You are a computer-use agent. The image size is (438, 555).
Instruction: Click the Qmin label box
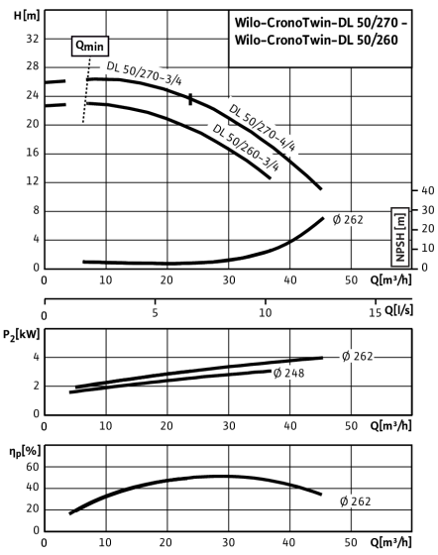coord(90,46)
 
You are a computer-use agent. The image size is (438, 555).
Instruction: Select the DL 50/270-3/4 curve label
coord(144,73)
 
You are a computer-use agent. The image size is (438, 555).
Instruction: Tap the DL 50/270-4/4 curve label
coord(262,128)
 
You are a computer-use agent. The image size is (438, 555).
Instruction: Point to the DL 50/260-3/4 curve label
coord(246,148)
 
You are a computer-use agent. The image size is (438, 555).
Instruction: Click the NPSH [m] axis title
coord(400,237)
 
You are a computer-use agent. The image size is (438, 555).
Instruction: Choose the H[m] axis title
coord(27,16)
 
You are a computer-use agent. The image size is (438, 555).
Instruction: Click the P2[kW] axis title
coord(22,335)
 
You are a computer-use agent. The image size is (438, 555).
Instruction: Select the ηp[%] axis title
coord(25,452)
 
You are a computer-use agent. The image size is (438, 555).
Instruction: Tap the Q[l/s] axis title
coord(398,310)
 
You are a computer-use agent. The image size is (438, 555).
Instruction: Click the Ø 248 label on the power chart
coord(288,373)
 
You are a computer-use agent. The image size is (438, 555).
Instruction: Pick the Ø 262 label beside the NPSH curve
coord(348,220)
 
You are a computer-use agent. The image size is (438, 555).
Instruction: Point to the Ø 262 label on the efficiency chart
coord(355,501)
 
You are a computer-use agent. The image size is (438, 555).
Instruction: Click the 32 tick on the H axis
coord(33,39)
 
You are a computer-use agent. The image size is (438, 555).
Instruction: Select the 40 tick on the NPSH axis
coord(428,190)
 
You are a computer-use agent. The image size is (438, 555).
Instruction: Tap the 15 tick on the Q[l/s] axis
coord(376,312)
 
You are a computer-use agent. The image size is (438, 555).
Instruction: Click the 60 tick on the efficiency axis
coord(32,467)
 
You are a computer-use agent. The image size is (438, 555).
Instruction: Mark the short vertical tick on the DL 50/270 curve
coord(190,99)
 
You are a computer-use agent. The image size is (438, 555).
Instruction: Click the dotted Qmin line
coord(86,89)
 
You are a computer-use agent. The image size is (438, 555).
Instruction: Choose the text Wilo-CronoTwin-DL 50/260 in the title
coord(316,40)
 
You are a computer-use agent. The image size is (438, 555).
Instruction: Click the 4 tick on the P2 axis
coord(36,357)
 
